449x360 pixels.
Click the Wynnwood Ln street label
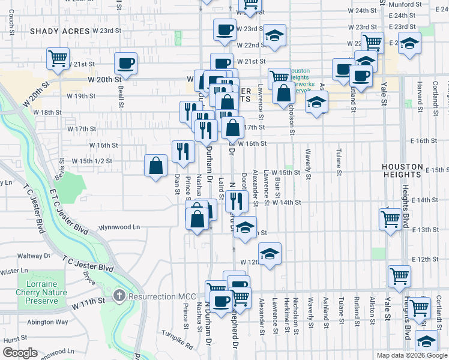pyautogui.click(x=119, y=227)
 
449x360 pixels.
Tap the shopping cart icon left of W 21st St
pyautogui.click(x=58, y=59)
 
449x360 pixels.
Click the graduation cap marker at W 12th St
pyautogui.click(x=270, y=253)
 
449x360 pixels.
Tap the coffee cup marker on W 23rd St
pyautogui.click(x=225, y=29)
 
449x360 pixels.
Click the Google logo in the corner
pyautogui.click(x=20, y=353)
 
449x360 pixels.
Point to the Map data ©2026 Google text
pyautogui.click(x=411, y=355)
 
